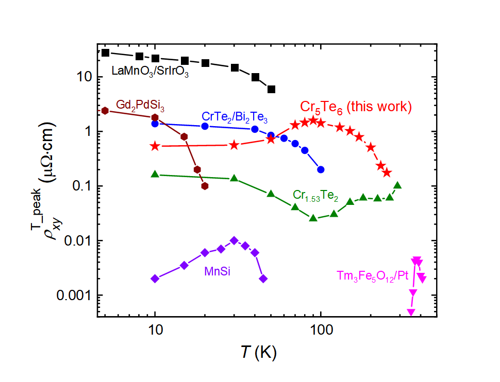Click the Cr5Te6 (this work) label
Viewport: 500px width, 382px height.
point(356,107)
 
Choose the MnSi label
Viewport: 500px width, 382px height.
point(216,269)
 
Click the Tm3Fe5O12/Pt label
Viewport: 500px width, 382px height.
point(373,276)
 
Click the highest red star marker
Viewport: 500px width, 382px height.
point(312,120)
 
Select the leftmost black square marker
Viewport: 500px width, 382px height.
point(105,53)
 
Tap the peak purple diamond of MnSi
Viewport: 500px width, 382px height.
point(234,240)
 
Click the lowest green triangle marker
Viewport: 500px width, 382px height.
point(313,218)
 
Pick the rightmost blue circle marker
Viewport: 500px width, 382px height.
point(321,169)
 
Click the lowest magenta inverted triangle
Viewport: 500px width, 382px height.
point(411,312)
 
